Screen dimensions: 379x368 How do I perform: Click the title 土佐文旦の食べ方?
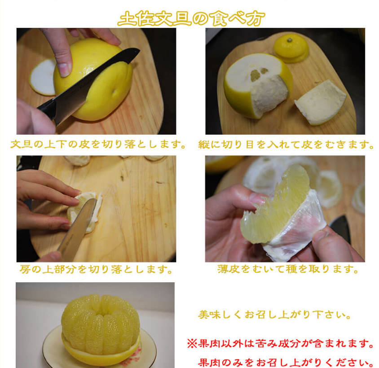(191, 18)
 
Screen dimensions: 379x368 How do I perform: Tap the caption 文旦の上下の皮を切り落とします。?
(99, 144)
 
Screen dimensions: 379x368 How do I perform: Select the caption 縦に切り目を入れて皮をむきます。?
(286, 145)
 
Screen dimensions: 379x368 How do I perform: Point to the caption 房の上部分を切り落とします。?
(97, 269)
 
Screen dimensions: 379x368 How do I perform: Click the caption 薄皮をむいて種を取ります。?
(288, 269)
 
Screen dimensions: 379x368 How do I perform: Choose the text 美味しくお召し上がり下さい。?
(275, 315)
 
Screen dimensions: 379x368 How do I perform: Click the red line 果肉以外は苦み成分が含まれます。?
(280, 343)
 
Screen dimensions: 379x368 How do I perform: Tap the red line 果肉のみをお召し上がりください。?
(286, 363)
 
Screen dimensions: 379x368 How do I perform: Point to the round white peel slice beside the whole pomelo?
(43, 77)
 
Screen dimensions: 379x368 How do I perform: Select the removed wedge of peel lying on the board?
(321, 102)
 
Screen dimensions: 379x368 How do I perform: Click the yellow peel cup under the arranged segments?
(101, 355)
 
